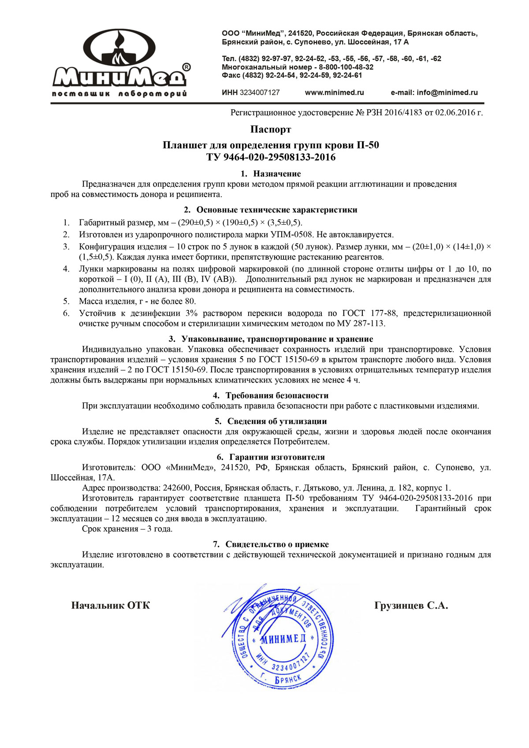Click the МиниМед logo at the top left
coord(119,62)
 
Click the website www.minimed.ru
coord(334,93)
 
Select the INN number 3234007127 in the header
coord(260,93)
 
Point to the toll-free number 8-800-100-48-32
coord(346,67)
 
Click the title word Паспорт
coord(271,130)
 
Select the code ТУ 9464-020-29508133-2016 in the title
coord(271,157)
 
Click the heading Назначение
coord(277,174)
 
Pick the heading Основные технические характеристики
coord(277,210)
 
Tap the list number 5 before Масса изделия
coord(66,301)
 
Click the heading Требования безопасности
coord(277,395)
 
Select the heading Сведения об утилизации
coord(277,421)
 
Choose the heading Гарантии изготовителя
coord(277,457)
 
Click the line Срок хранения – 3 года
coord(127,529)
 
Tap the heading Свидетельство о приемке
coord(277,544)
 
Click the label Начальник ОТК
coord(110,606)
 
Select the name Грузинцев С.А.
coord(411,606)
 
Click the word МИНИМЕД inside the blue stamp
coord(283,639)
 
